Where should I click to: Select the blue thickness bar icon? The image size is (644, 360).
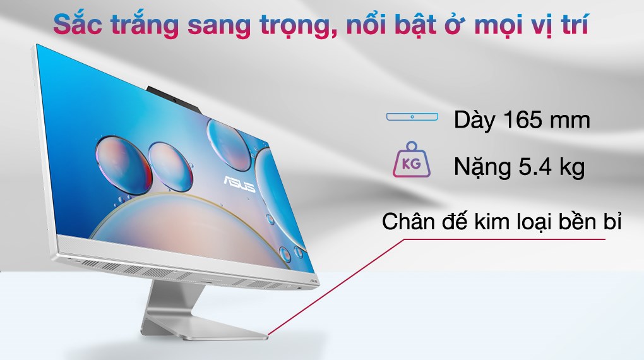[412, 117]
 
